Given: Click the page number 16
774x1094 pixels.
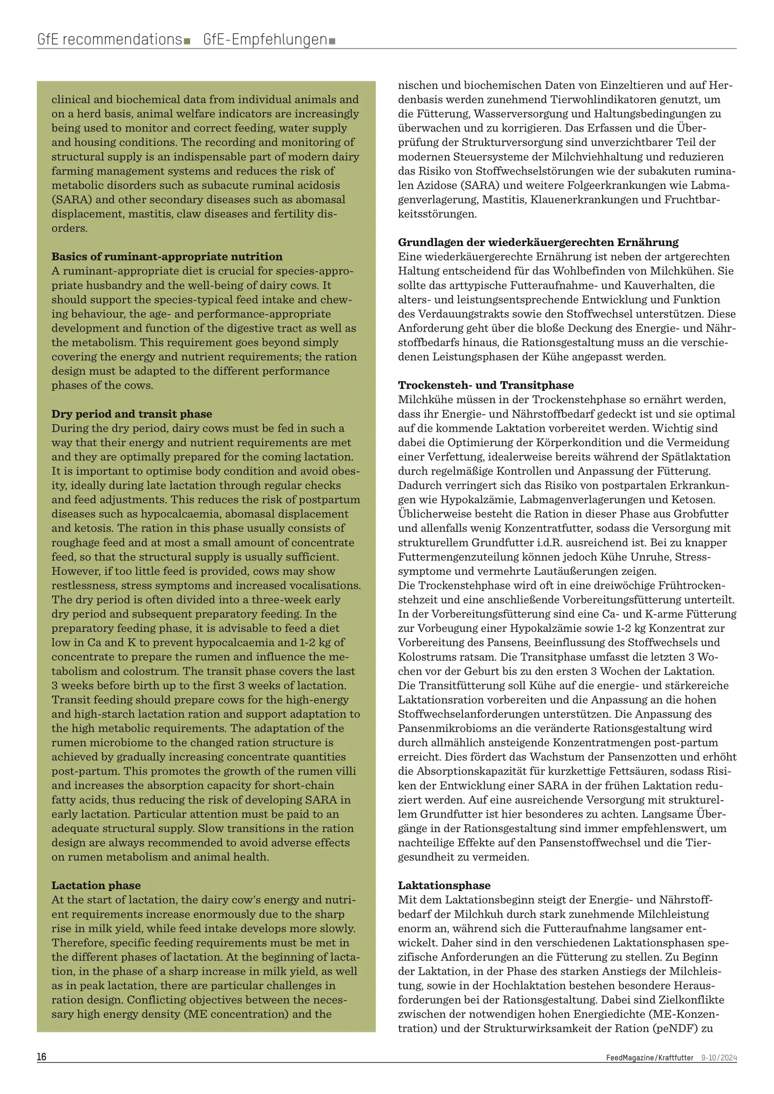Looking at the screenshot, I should pos(42,1057).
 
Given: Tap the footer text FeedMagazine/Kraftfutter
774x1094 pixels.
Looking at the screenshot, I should pos(649,1058).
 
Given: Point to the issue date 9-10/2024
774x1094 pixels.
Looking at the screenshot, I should pos(719,1058).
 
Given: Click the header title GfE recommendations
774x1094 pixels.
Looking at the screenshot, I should pos(109,39).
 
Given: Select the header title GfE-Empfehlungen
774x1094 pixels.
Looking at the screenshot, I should pos(265,39).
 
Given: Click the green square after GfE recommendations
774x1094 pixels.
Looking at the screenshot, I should pos(187,41).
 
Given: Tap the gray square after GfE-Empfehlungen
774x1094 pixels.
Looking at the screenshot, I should pos(332,41).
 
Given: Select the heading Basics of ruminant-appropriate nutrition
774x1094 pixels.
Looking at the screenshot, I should pos(167,257).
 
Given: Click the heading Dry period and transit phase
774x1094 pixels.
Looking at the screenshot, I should pos(132,414).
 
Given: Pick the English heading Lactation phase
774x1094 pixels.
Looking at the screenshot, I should pos(96,885).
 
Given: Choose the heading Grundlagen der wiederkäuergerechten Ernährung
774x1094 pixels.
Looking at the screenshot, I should pos(538,242).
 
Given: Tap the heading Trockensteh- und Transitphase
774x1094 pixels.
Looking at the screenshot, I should pos(486,385).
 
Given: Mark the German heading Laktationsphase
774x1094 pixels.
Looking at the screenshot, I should pos(444,885).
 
